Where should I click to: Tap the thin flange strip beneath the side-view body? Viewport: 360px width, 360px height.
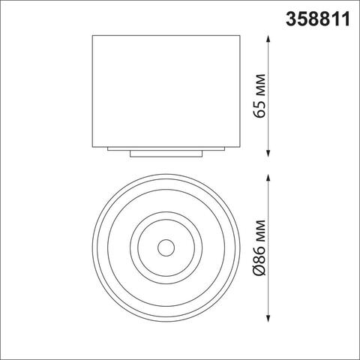(166, 146)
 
